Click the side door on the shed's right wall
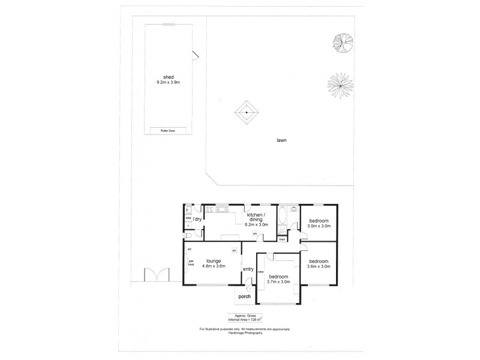(x=195, y=56)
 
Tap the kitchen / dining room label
(x=257, y=219)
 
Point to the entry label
(x=248, y=269)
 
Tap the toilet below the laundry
(x=189, y=227)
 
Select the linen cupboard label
(x=281, y=238)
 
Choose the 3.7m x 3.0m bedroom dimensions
(x=277, y=281)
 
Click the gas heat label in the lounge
(x=191, y=263)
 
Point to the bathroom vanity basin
(x=293, y=211)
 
